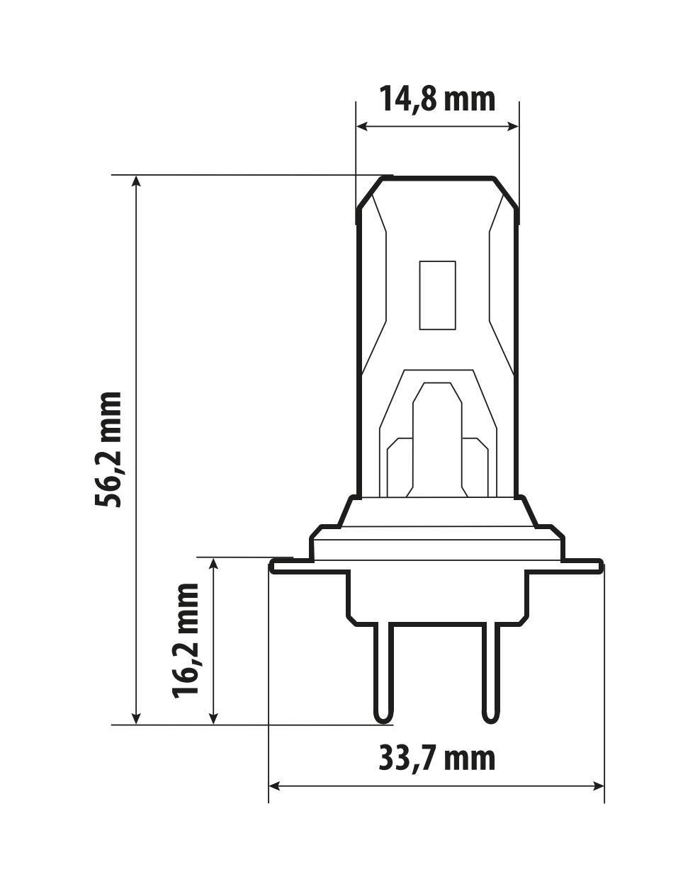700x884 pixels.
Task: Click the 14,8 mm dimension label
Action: (x=436, y=98)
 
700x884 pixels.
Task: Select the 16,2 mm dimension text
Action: (x=186, y=640)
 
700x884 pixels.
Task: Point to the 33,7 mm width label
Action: (x=436, y=759)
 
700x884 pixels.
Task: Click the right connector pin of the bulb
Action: (x=490, y=673)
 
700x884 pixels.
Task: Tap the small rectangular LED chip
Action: (x=436, y=295)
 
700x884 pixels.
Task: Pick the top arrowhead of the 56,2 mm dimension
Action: (x=137, y=181)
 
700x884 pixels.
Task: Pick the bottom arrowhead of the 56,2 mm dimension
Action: (x=137, y=718)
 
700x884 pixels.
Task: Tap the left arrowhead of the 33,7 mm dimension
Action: (x=276, y=786)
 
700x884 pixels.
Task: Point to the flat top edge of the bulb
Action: (x=437, y=177)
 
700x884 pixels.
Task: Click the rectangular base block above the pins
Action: (x=436, y=595)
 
